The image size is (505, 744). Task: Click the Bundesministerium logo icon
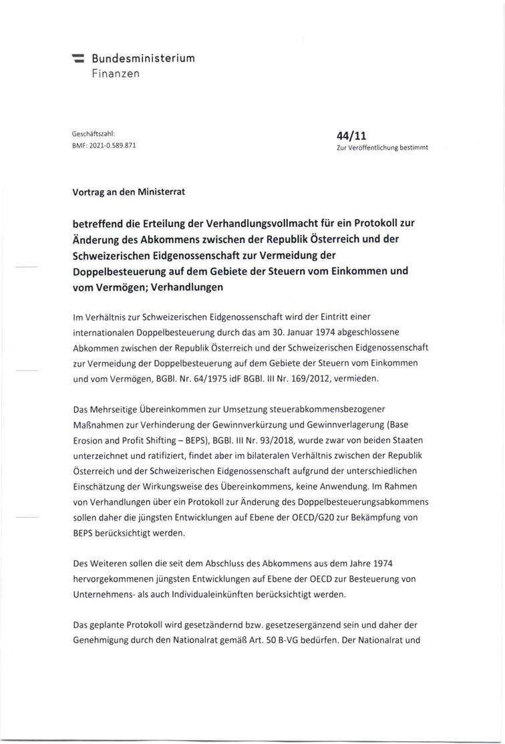pyautogui.click(x=79, y=59)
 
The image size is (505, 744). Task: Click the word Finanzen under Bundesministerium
pyautogui.click(x=116, y=73)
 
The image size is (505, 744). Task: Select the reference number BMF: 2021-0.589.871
pyautogui.click(x=105, y=145)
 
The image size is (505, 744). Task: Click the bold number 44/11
pyautogui.click(x=353, y=135)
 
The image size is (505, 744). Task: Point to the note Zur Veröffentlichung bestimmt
pyautogui.click(x=382, y=148)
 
